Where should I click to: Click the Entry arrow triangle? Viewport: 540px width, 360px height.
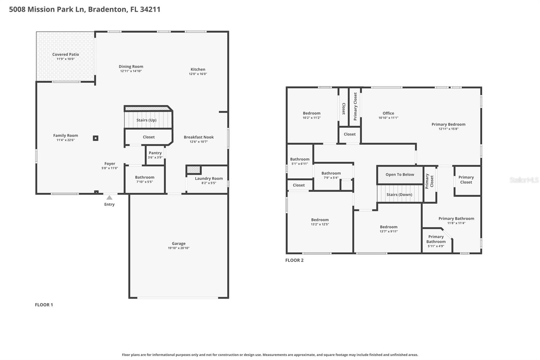click(109, 198)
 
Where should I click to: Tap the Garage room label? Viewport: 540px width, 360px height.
click(179, 243)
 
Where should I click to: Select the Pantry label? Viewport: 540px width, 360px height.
click(155, 153)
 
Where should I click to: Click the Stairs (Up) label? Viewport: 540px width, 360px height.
click(146, 120)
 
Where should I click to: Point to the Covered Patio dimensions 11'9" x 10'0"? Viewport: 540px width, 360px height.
click(65, 59)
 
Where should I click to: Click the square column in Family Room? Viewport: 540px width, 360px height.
click(96, 138)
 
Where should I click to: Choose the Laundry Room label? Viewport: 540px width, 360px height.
click(209, 178)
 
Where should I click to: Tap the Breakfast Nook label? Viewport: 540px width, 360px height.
click(198, 137)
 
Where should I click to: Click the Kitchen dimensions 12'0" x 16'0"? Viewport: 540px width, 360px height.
click(198, 74)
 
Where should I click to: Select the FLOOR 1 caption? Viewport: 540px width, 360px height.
click(44, 305)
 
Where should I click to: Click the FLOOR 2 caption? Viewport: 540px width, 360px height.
click(294, 260)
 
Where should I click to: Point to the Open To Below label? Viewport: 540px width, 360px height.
click(400, 175)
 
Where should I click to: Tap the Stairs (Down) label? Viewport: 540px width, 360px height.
click(399, 195)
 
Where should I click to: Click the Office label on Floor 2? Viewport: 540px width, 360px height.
click(388, 113)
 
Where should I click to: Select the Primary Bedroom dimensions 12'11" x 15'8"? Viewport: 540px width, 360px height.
click(448, 129)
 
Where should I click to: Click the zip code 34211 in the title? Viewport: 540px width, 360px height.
click(150, 9)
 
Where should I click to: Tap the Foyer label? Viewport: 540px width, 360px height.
click(110, 164)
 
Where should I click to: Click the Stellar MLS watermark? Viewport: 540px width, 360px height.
click(524, 180)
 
